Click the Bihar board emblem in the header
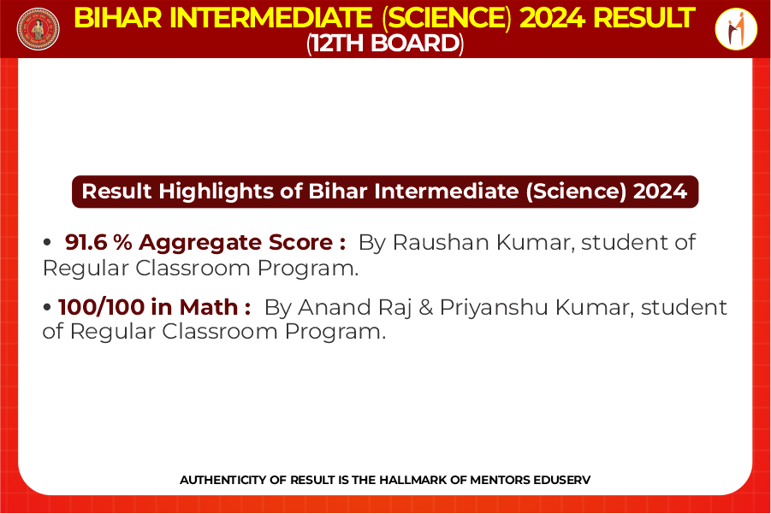pyautogui.click(x=38, y=29)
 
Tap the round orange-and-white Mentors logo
pyautogui.click(x=736, y=29)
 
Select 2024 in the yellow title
pyautogui.click(x=551, y=18)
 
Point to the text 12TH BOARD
pyautogui.click(x=385, y=44)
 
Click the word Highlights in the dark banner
pyautogui.click(x=216, y=192)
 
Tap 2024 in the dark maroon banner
pyautogui.click(x=660, y=192)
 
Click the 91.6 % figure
pyautogui.click(x=98, y=242)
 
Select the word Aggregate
pyautogui.click(x=200, y=243)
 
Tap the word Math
pyautogui.click(x=209, y=307)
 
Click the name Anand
pyautogui.click(x=330, y=307)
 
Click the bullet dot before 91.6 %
pyautogui.click(x=47, y=242)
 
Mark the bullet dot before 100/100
pyautogui.click(x=47, y=308)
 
